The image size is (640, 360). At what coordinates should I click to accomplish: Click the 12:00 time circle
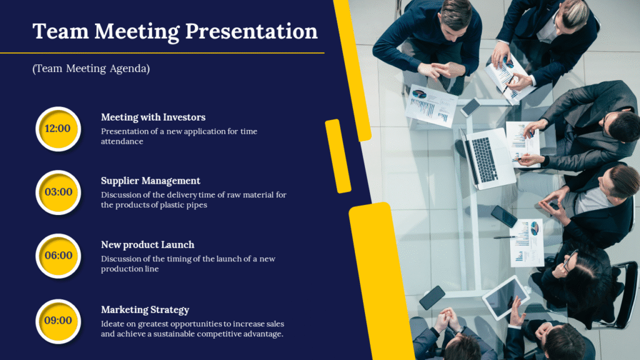pos(58,129)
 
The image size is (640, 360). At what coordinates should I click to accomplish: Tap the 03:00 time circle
pos(58,192)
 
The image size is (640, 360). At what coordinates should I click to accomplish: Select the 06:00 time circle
pos(58,256)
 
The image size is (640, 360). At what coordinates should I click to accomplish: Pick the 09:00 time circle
pos(58,321)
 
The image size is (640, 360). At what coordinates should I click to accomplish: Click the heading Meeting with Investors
pos(153,117)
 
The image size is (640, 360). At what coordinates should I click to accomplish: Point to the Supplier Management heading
pos(151,181)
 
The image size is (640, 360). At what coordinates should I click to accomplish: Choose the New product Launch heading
pos(147,244)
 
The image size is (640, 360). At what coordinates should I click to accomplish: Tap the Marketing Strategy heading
pos(145,310)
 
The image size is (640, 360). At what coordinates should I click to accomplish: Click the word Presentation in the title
pos(251,31)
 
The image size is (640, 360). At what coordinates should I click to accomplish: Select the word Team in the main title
pos(61,31)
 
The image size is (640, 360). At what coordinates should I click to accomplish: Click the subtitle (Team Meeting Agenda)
pos(91,68)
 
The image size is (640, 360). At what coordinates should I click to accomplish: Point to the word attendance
pos(122,141)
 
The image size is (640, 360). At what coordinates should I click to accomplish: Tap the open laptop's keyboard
pos(484,160)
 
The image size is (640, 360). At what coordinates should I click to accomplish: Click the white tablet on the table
pos(505,297)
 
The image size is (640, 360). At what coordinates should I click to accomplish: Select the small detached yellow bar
pos(338,156)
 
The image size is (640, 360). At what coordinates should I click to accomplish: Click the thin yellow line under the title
pos(162,53)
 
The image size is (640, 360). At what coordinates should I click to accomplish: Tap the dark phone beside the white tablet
pos(432,297)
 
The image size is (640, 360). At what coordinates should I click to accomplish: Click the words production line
pos(130,269)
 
